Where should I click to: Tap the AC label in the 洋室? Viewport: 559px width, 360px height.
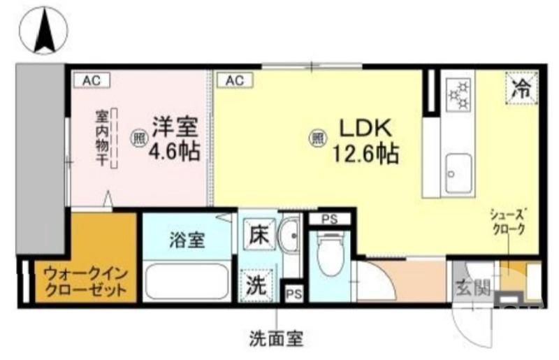click(x=92, y=80)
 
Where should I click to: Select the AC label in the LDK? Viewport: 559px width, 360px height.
click(x=234, y=80)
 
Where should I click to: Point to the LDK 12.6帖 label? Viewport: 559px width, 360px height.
click(x=368, y=141)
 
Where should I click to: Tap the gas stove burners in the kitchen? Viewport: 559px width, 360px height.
click(x=460, y=94)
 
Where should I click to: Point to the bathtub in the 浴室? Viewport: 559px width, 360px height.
click(x=187, y=280)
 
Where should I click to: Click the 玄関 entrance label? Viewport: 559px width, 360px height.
click(x=471, y=287)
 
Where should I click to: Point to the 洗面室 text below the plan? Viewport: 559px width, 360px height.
click(x=276, y=340)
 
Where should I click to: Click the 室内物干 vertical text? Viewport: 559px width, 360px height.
click(x=101, y=138)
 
